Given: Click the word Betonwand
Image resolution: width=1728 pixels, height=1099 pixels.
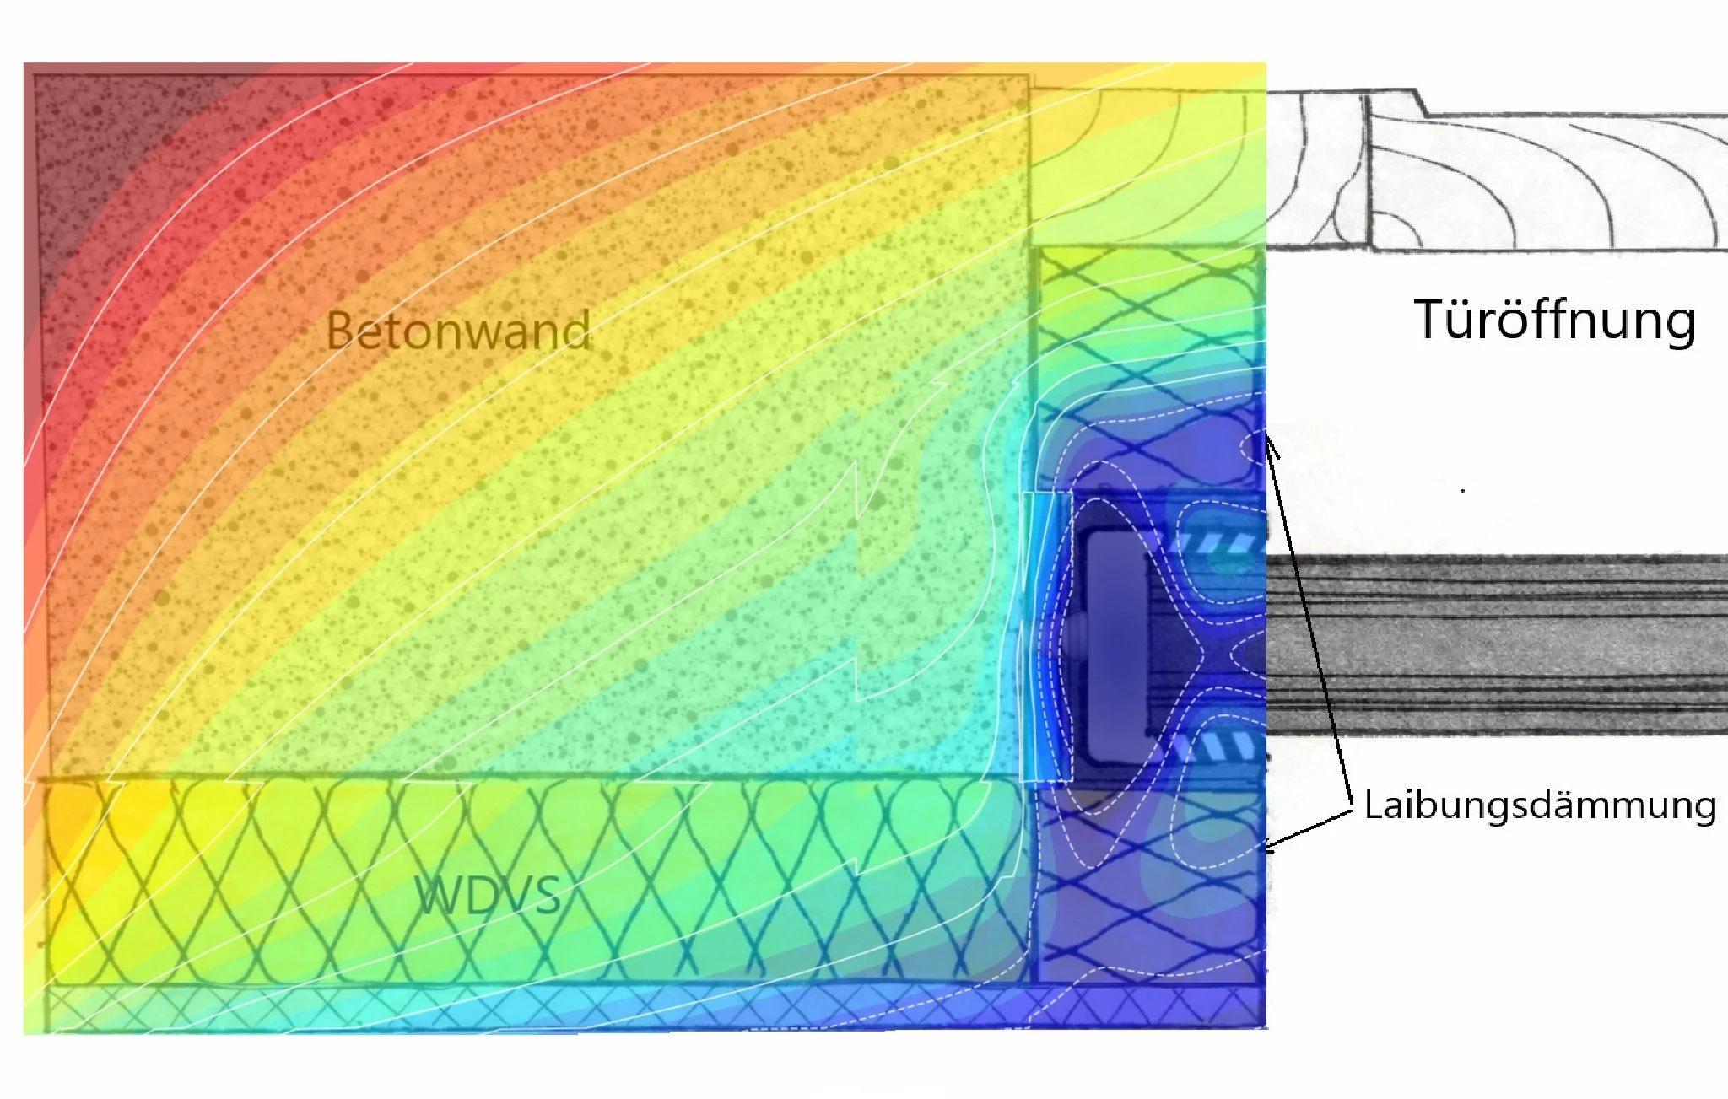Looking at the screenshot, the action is pos(458,330).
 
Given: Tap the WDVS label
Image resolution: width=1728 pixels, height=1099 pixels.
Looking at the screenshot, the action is pos(488,895).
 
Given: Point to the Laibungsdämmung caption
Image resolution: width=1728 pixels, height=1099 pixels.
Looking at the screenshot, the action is pos(1540,805).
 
